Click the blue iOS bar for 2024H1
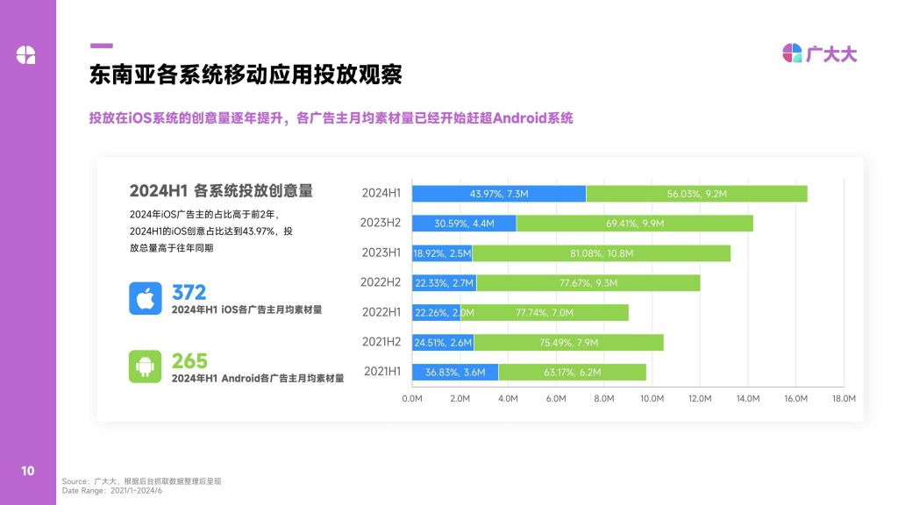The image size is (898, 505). pos(499,194)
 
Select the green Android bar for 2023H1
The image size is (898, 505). pos(601,253)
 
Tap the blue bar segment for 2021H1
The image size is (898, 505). pos(455,372)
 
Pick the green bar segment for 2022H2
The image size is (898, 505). pos(588,282)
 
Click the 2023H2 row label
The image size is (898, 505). pos(381,223)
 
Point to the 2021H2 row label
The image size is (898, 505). pos(381,342)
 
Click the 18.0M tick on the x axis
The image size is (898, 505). pos(843,398)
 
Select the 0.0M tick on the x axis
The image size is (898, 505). pos(412,398)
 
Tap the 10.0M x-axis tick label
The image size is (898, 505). pos(652,398)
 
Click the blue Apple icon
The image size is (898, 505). pos(146,298)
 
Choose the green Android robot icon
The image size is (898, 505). pos(146,366)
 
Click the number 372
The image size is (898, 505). pos(189,292)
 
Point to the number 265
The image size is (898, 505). pos(189,360)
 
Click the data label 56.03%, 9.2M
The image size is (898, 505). pos(697,194)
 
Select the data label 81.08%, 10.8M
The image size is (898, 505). pos(601,253)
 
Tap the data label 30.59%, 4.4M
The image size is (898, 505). pos(465,224)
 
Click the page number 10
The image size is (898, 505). pos(28,471)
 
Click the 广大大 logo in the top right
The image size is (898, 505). pos(819,53)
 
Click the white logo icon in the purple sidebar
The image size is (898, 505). pos(26,54)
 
